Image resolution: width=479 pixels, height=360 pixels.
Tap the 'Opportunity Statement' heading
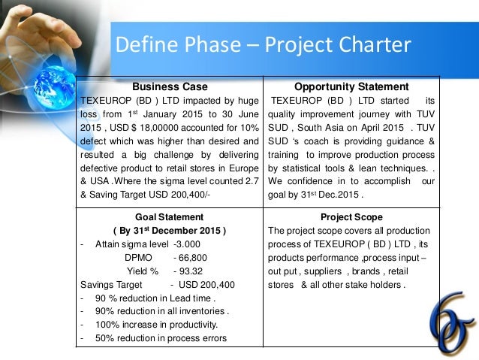[x=351, y=86]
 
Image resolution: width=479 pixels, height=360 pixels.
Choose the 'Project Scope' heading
[x=351, y=216]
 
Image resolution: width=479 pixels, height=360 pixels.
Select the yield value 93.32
[x=188, y=271]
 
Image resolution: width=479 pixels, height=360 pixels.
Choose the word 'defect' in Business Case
[x=94, y=141]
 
